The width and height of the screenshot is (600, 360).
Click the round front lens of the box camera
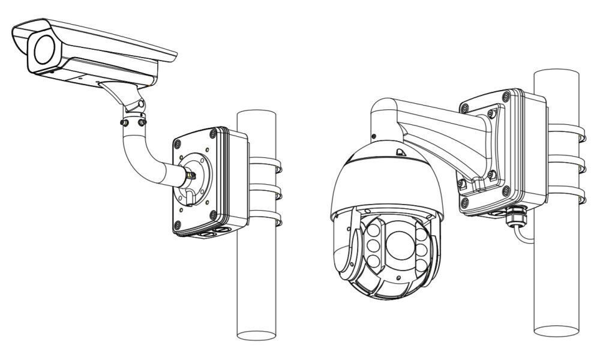tap(46, 50)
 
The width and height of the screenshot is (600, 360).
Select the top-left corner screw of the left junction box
tap(178, 143)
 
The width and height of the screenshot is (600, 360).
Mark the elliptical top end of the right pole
tap(556, 74)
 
